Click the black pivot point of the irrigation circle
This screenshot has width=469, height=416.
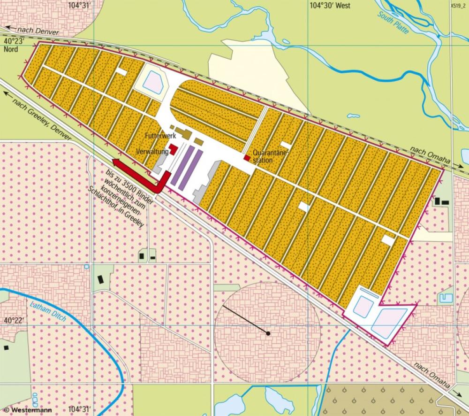point(268,333)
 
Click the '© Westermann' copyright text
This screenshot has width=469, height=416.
point(23,409)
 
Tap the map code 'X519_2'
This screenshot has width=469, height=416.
point(457,6)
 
